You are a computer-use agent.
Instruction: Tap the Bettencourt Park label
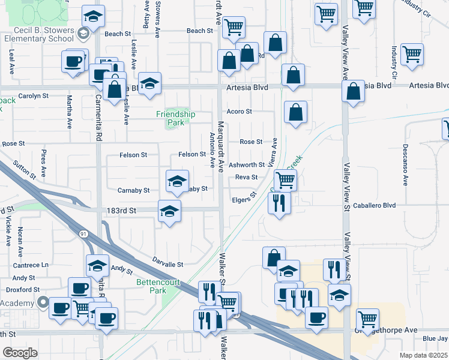pos(151,286)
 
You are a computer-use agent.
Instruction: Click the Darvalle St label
pos(167,264)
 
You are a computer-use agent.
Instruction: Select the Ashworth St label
pos(247,164)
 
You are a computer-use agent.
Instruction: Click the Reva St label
pos(246,177)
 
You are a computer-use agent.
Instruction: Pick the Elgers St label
pos(244,197)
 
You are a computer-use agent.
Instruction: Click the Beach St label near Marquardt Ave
pos(200,31)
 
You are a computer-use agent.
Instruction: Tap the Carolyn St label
pos(33,96)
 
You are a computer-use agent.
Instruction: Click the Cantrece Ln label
pos(31,265)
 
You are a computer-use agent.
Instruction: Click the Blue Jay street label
pos(435,339)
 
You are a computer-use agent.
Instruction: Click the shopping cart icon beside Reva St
pos(285,179)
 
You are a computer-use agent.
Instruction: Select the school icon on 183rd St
pos(170,211)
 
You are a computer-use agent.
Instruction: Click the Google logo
pos(20,353)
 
